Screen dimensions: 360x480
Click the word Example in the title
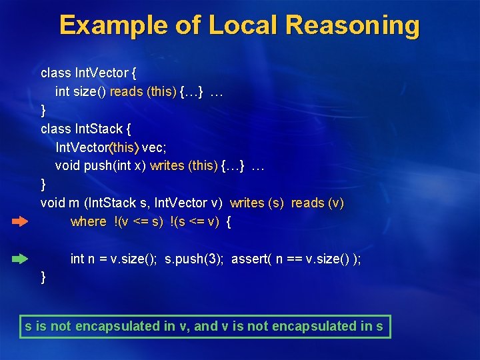[x=111, y=25]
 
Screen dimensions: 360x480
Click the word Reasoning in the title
[x=353, y=25]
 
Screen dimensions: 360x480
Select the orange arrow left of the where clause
[x=20, y=221]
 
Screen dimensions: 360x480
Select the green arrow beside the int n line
[x=20, y=258]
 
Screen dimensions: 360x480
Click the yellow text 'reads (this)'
[x=143, y=92]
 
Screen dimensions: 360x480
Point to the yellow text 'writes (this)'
[x=184, y=165]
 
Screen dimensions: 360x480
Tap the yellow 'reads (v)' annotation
[x=317, y=203]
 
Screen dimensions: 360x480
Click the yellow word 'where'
[x=88, y=221]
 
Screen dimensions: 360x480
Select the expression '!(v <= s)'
[x=138, y=221]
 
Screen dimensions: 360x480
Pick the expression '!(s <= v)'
[x=195, y=221]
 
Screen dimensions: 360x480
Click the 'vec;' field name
[x=154, y=147]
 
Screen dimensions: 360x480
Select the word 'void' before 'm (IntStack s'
[x=52, y=203]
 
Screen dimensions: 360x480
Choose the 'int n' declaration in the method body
[x=81, y=259]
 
